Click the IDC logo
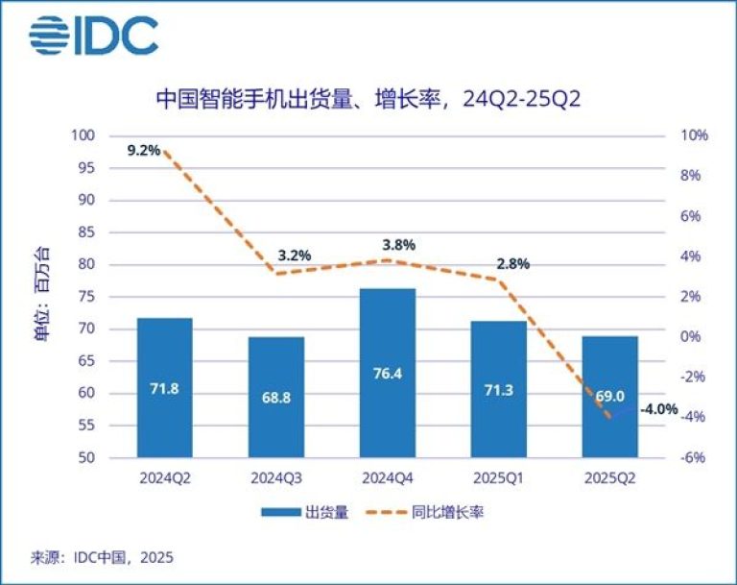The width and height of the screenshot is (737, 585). click(x=93, y=36)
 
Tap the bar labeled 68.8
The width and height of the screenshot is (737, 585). click(x=276, y=397)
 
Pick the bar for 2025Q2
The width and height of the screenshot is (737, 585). click(x=609, y=396)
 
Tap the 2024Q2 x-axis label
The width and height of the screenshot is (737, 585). click(x=164, y=476)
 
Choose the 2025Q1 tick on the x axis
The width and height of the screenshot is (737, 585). click(x=498, y=476)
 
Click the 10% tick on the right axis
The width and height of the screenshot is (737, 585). click(x=695, y=135)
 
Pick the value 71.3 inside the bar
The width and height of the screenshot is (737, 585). click(x=498, y=391)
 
